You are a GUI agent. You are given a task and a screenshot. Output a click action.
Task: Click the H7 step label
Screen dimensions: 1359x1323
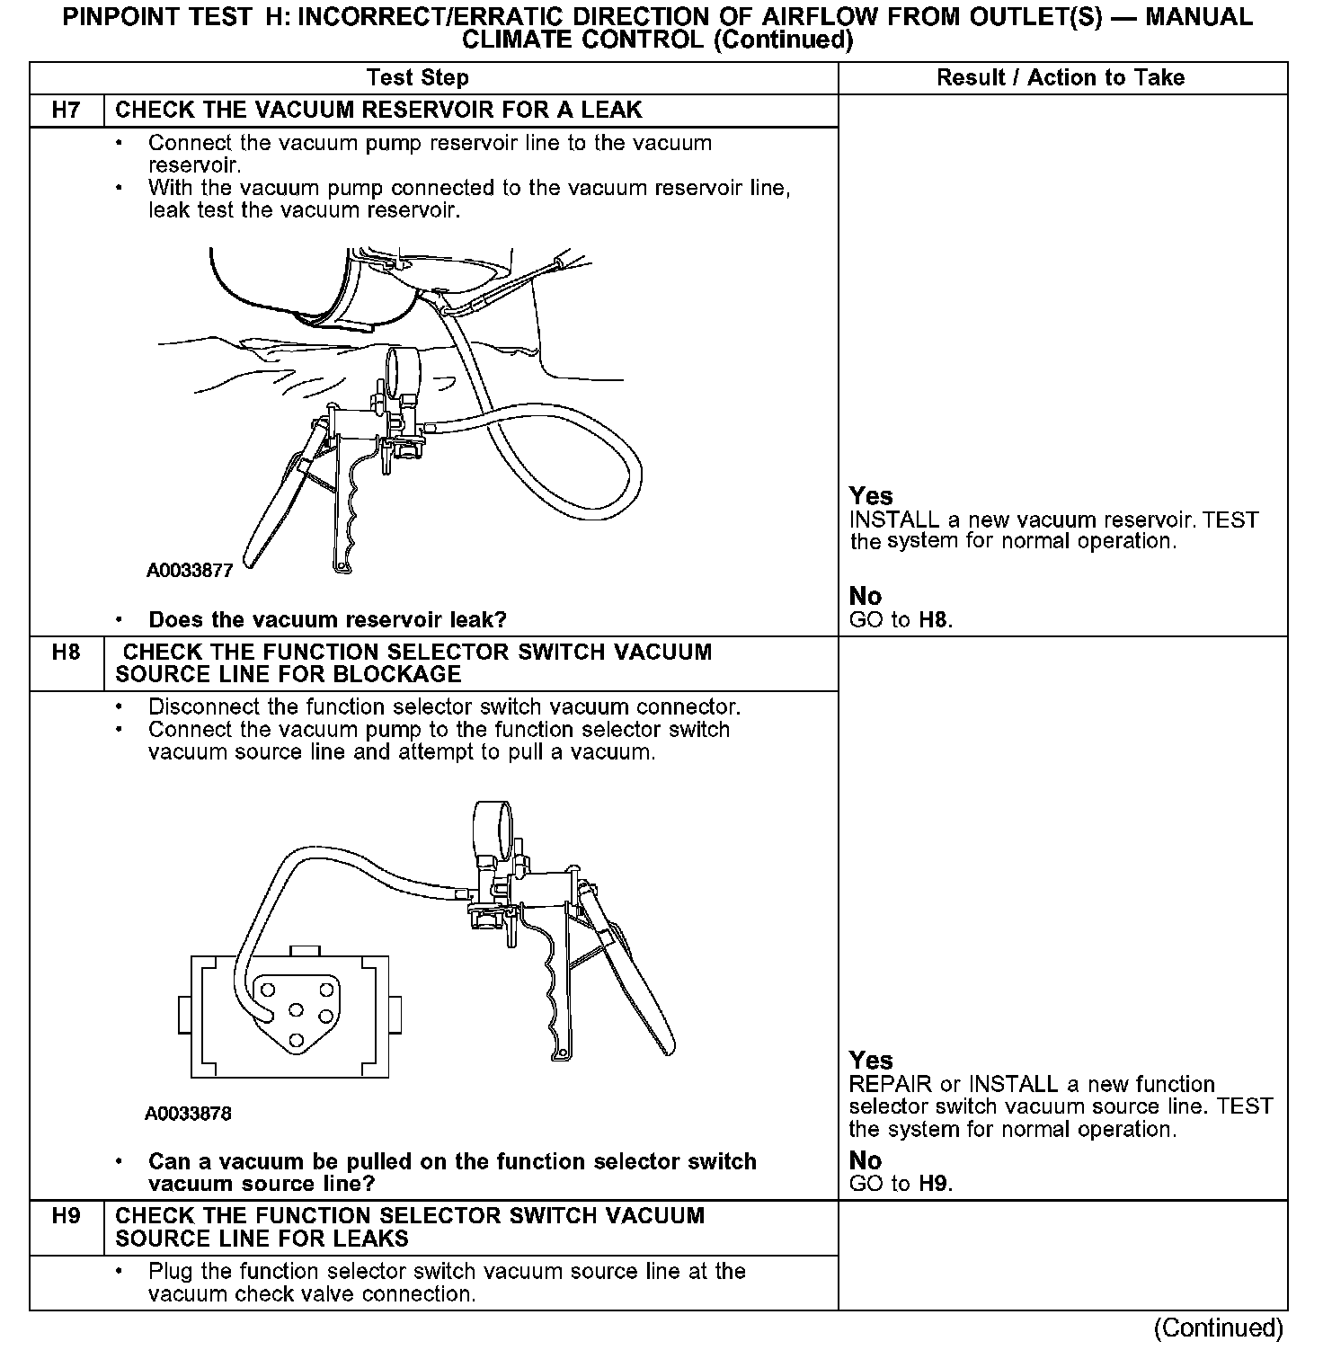(x=67, y=111)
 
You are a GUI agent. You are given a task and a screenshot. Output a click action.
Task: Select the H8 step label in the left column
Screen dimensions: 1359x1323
(x=67, y=653)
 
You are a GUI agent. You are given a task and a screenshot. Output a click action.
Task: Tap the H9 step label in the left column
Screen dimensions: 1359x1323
(x=67, y=1216)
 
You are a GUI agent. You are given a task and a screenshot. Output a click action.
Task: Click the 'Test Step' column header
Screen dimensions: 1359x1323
(x=418, y=78)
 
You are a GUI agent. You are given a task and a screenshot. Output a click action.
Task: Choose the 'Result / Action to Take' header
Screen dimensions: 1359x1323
(x=1061, y=78)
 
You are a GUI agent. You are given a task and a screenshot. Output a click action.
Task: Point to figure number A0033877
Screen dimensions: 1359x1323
(x=190, y=571)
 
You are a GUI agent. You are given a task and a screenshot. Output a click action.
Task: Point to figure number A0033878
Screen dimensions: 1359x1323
(x=188, y=1114)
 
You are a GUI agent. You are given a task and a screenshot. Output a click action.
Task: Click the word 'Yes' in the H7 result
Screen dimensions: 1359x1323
(x=871, y=496)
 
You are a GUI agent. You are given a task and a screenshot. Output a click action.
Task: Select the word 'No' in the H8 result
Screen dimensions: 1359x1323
(x=866, y=1160)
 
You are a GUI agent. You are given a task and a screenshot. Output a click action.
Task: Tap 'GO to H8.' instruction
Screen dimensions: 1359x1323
(x=901, y=619)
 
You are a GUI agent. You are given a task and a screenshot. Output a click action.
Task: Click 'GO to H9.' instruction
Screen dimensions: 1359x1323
(x=901, y=1184)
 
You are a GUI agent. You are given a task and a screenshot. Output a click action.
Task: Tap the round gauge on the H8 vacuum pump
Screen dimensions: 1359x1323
(x=492, y=826)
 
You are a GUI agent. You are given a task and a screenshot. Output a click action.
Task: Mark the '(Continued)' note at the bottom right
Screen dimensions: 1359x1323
(x=1218, y=1328)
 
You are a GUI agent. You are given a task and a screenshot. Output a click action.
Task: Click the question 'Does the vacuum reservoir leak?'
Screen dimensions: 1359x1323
(x=327, y=619)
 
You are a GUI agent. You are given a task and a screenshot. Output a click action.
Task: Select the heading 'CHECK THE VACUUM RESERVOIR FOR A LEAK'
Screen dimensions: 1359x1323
(x=378, y=111)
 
